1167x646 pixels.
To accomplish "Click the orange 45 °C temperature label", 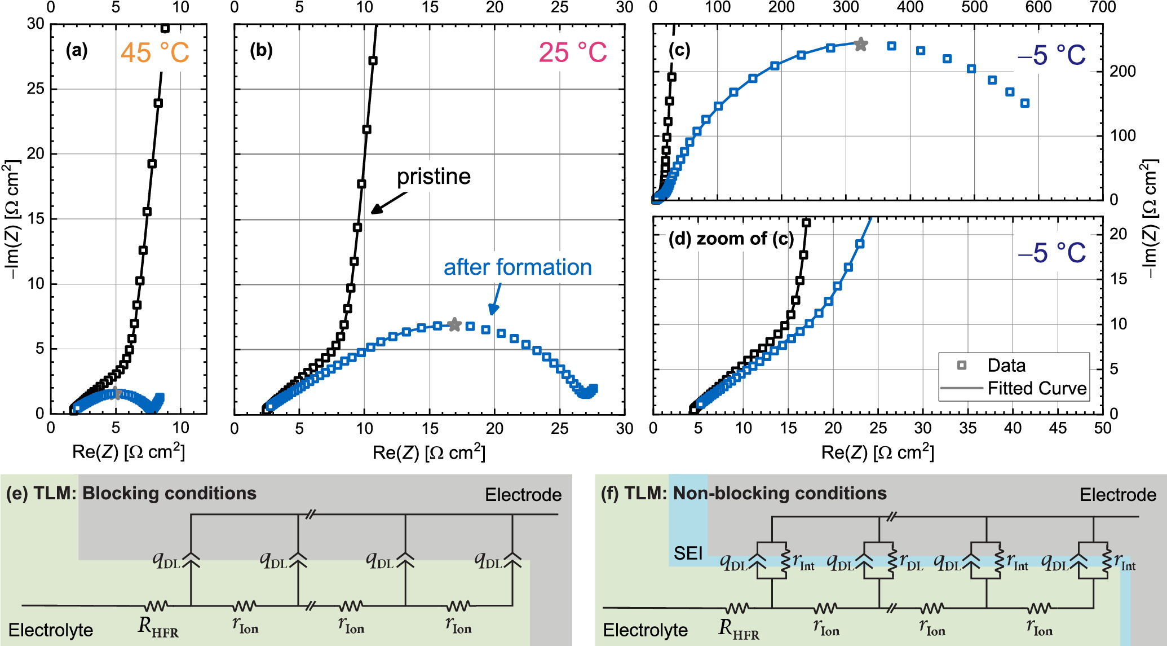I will point(155,53).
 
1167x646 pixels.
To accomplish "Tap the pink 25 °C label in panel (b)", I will point(572,53).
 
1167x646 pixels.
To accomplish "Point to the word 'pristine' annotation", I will point(434,177).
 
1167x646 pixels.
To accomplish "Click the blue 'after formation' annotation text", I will point(518,267).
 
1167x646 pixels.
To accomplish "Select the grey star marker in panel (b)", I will point(454,325).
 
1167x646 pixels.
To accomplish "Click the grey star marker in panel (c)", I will point(860,44).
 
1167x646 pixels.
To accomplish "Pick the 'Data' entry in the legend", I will point(1006,366).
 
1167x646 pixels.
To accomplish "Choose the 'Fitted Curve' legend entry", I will point(1036,388).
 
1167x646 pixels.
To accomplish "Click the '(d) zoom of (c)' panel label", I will point(731,239).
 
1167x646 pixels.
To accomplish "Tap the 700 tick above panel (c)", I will point(1102,7).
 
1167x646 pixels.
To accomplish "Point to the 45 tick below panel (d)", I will point(1058,428).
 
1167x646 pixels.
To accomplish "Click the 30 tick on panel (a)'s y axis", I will point(35,24).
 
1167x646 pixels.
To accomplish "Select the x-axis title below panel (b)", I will point(428,452).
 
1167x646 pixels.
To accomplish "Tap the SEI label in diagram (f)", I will point(688,553).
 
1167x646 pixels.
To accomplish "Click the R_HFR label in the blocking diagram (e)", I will point(158,627).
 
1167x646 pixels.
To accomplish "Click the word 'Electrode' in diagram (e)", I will point(523,495).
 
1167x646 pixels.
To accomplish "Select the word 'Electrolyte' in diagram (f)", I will point(645,630).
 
